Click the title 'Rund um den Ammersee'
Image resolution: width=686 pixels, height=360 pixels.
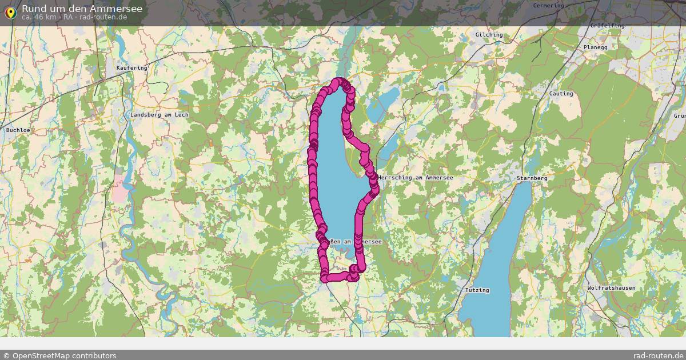82,8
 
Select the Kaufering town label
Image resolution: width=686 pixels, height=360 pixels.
131,67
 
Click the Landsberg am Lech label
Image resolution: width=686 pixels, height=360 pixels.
159,115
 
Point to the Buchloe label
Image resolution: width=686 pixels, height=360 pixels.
18,130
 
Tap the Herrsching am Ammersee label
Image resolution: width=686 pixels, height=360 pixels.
416,178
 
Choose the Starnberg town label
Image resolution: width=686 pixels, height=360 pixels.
532,178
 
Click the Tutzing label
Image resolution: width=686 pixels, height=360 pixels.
477,290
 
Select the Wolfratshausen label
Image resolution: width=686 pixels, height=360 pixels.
611,288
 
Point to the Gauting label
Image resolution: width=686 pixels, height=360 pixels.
560,94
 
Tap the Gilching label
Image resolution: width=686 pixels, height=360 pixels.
489,35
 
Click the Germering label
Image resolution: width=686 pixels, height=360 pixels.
548,6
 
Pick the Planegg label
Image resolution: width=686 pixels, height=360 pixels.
595,47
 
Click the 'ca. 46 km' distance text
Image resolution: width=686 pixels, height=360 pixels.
39,17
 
